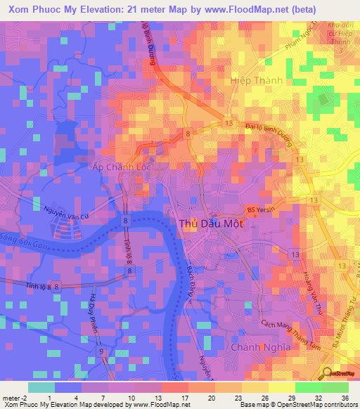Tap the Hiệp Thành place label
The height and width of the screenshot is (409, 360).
[x=256, y=81]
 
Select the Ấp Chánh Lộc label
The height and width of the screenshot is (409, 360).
[x=122, y=168]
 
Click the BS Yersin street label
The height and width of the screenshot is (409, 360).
[x=259, y=209]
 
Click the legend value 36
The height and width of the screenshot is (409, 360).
[x=344, y=398]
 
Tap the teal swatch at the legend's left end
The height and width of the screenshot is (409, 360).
[x=41, y=387]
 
